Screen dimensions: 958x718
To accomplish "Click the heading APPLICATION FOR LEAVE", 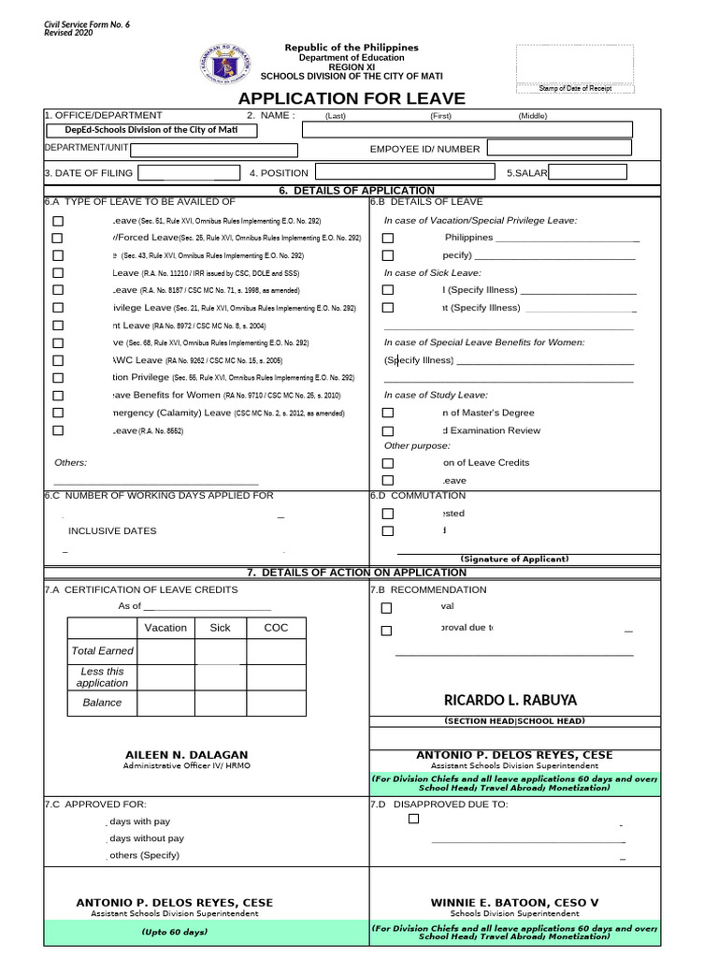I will pos(351,99).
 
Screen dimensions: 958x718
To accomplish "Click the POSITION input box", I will pos(405,173).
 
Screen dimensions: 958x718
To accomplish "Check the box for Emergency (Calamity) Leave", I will pos(58,413).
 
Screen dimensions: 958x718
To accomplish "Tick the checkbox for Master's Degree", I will pos(388,413).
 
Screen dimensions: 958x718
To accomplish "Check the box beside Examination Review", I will pos(388,431).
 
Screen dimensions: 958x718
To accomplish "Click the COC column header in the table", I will pos(276,628).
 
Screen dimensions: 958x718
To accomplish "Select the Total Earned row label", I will pos(102,650).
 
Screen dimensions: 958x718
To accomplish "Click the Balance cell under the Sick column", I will pos(220,703).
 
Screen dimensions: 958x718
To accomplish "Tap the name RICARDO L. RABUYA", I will pos(510,700).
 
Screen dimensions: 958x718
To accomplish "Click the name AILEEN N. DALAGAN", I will pos(187,755).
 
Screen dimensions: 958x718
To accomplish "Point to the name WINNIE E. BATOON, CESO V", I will pos(514,903).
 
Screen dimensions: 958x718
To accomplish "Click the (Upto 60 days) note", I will pos(174,932).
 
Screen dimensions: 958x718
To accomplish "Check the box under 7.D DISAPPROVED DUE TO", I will pos(414,819).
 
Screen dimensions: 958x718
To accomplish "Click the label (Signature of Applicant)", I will pos(514,559).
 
